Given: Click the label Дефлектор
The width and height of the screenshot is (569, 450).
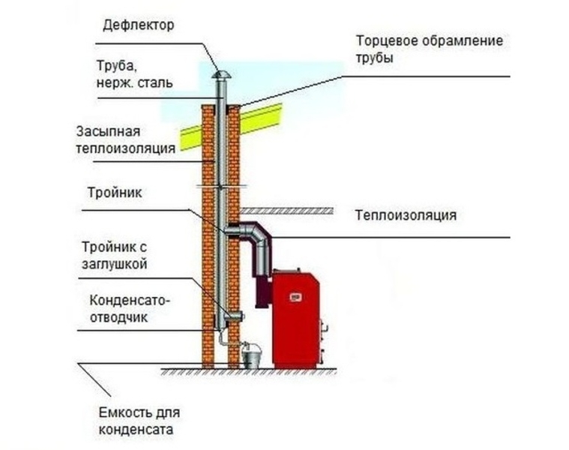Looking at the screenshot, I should (138, 25).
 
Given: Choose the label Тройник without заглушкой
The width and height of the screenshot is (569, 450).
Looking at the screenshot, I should (113, 193).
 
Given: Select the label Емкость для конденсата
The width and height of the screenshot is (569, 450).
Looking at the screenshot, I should (139, 421).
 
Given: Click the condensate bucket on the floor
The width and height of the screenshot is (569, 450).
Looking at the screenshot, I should (250, 355).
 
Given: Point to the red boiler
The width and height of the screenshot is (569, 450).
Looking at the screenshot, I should (295, 319).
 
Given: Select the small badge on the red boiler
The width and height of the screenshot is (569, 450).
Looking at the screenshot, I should (296, 298).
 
